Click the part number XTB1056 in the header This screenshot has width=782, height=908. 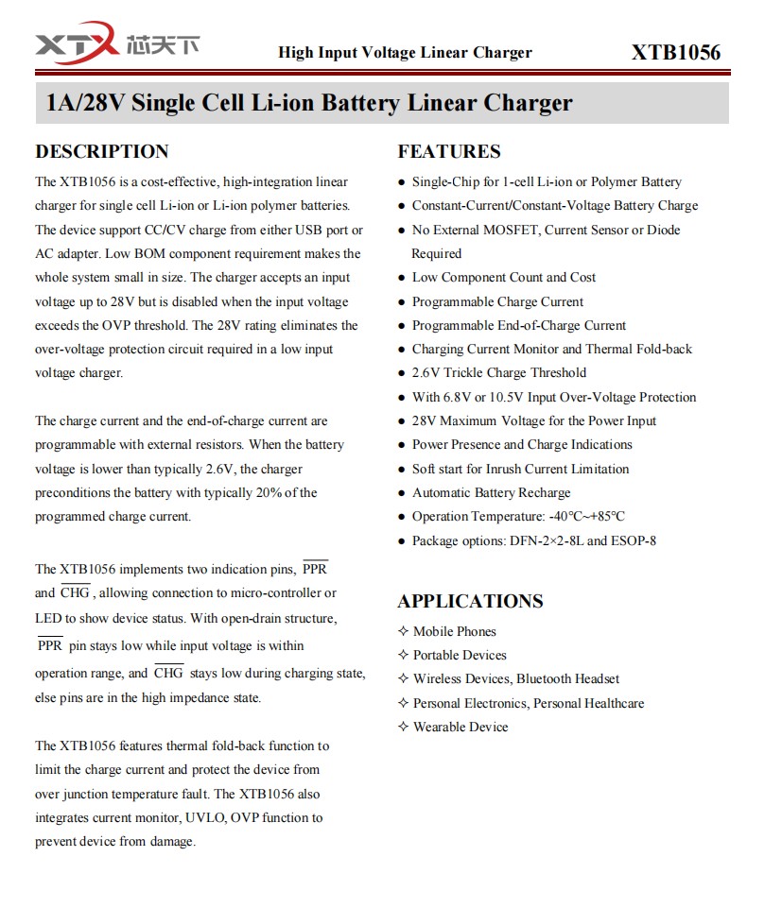tap(675, 52)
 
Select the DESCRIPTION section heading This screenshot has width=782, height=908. tap(101, 151)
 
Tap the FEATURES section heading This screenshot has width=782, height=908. tap(449, 151)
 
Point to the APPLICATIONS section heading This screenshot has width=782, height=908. tap(470, 601)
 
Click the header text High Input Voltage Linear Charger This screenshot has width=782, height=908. tap(405, 53)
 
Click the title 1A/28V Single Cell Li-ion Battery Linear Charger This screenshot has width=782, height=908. tap(309, 103)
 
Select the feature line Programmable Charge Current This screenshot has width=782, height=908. tap(497, 301)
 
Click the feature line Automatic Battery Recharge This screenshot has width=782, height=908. tap(491, 492)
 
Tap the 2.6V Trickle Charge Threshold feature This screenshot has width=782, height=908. tap(498, 372)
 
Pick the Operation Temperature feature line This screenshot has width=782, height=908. tap(518, 516)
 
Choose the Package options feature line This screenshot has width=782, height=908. tap(533, 540)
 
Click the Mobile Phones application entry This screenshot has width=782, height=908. tap(454, 631)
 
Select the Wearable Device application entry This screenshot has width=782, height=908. tap(461, 727)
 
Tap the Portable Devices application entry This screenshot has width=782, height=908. tap(460, 655)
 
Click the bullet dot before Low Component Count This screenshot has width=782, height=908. tap(402, 278)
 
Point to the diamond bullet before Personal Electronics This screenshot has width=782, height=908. tap(403, 703)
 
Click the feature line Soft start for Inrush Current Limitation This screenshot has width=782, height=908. tap(520, 469)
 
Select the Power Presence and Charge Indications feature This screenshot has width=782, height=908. tap(522, 444)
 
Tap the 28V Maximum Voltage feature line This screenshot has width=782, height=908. tap(533, 420)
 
